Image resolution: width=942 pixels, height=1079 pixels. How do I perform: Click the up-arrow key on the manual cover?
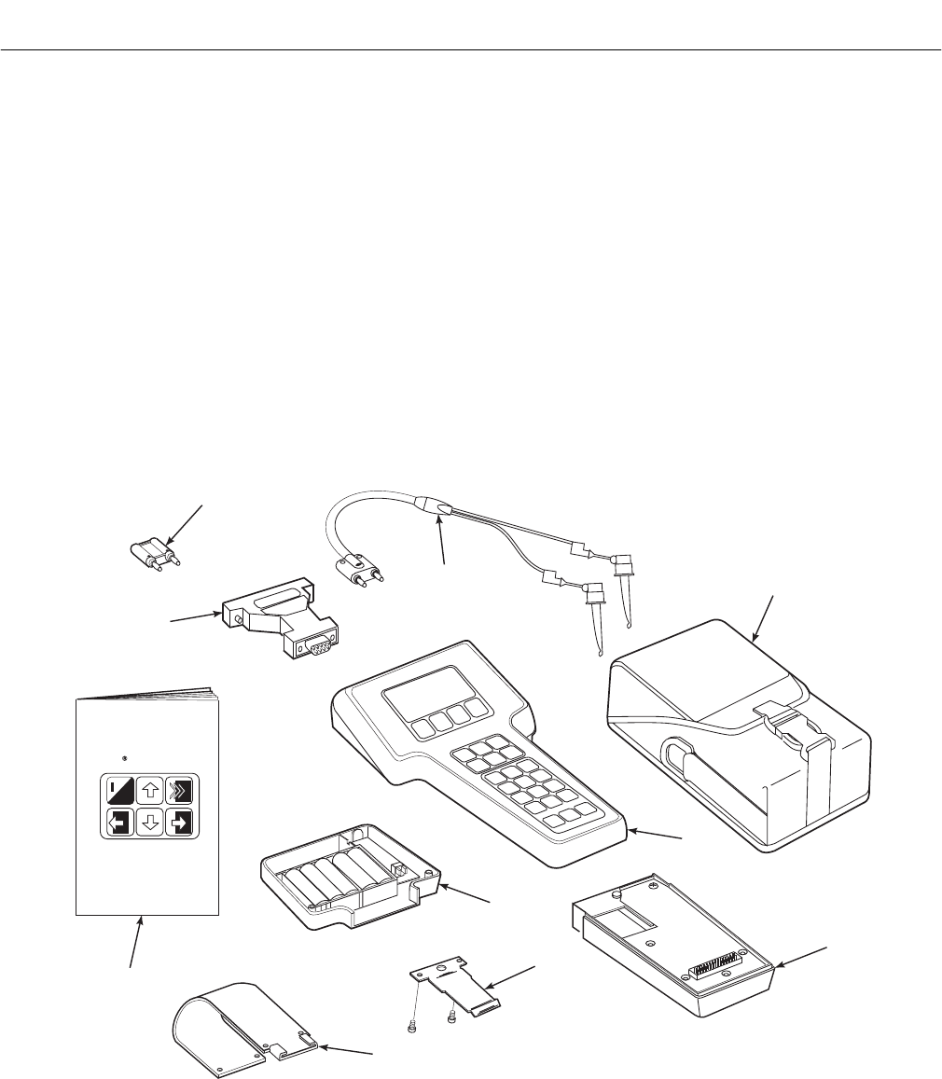click(x=147, y=791)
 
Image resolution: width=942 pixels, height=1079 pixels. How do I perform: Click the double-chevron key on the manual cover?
click(x=179, y=791)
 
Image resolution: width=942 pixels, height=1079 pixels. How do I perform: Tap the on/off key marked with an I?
click(x=118, y=791)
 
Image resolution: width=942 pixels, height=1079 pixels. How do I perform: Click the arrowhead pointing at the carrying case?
click(x=755, y=639)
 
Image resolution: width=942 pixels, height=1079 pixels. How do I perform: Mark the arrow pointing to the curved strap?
click(x=323, y=1049)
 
